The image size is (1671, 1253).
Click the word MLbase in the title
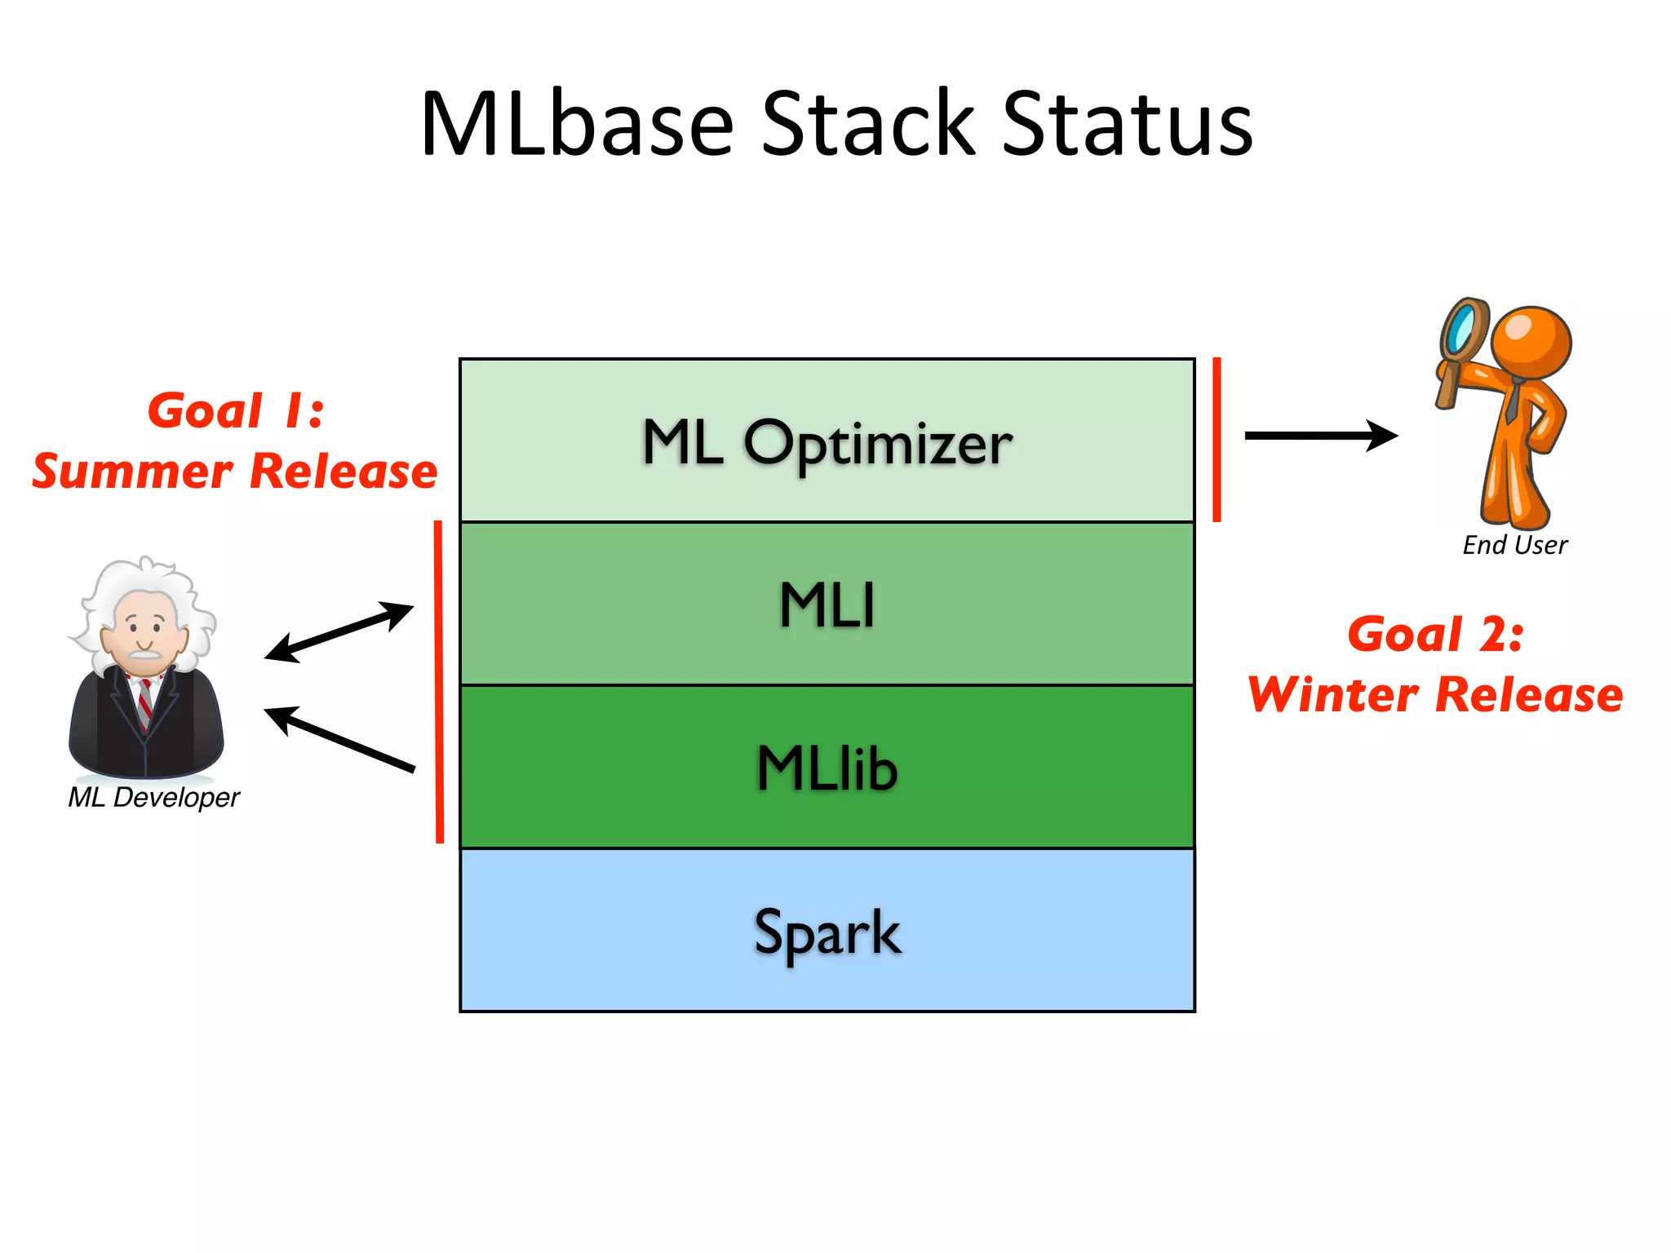pyautogui.click(x=577, y=124)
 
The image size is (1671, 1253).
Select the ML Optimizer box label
pyautogui.click(x=827, y=443)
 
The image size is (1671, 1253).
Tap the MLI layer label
pyautogui.click(x=827, y=605)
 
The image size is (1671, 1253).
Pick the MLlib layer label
pyautogui.click(x=827, y=768)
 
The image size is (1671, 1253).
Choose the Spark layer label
pyautogui.click(x=827, y=932)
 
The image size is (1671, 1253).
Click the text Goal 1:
pyautogui.click(x=236, y=410)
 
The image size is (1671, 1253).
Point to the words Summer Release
pyautogui.click(x=235, y=472)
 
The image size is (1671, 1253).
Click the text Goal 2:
pyautogui.click(x=1435, y=634)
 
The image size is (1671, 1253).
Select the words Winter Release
pyautogui.click(x=1435, y=695)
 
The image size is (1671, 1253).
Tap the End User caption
pyautogui.click(x=1514, y=545)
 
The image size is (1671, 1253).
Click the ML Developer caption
pyautogui.click(x=153, y=797)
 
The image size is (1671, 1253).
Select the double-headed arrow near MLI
pyautogui.click(x=339, y=631)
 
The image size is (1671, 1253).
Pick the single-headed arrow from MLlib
pyautogui.click(x=339, y=739)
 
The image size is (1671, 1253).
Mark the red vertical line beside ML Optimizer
pyautogui.click(x=1217, y=439)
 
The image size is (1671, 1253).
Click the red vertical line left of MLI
pyautogui.click(x=439, y=681)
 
